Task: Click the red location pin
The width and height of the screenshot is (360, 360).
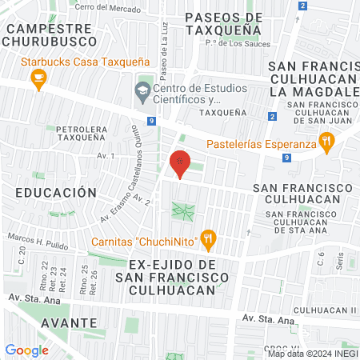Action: (x=180, y=163)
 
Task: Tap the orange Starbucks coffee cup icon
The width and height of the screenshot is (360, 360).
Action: (x=37, y=78)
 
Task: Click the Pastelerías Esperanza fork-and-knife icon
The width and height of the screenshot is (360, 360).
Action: (x=326, y=144)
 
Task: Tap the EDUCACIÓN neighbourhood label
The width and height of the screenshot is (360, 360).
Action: (x=55, y=193)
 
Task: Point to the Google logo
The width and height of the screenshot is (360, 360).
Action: (x=26, y=350)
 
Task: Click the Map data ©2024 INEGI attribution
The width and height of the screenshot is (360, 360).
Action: (x=312, y=354)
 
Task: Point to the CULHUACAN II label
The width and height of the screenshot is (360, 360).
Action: (x=324, y=310)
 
